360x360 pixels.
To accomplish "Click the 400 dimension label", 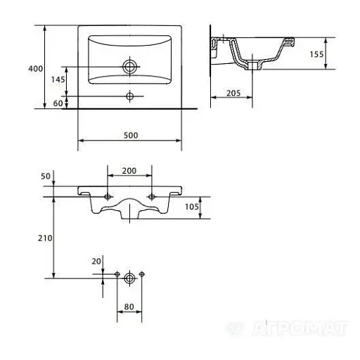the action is click(36, 69).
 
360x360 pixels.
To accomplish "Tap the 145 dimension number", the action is click(58, 79).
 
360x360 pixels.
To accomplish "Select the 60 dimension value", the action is click(58, 103).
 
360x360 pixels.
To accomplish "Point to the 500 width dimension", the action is click(131, 135).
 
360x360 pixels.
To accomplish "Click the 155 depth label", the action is click(316, 54).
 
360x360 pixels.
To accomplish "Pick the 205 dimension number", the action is click(233, 94).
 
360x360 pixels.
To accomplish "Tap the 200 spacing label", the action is click(129, 171).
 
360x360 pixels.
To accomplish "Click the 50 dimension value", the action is click(46, 176).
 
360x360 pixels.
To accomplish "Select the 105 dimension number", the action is click(192, 207).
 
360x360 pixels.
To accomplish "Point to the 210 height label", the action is click(45, 238).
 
